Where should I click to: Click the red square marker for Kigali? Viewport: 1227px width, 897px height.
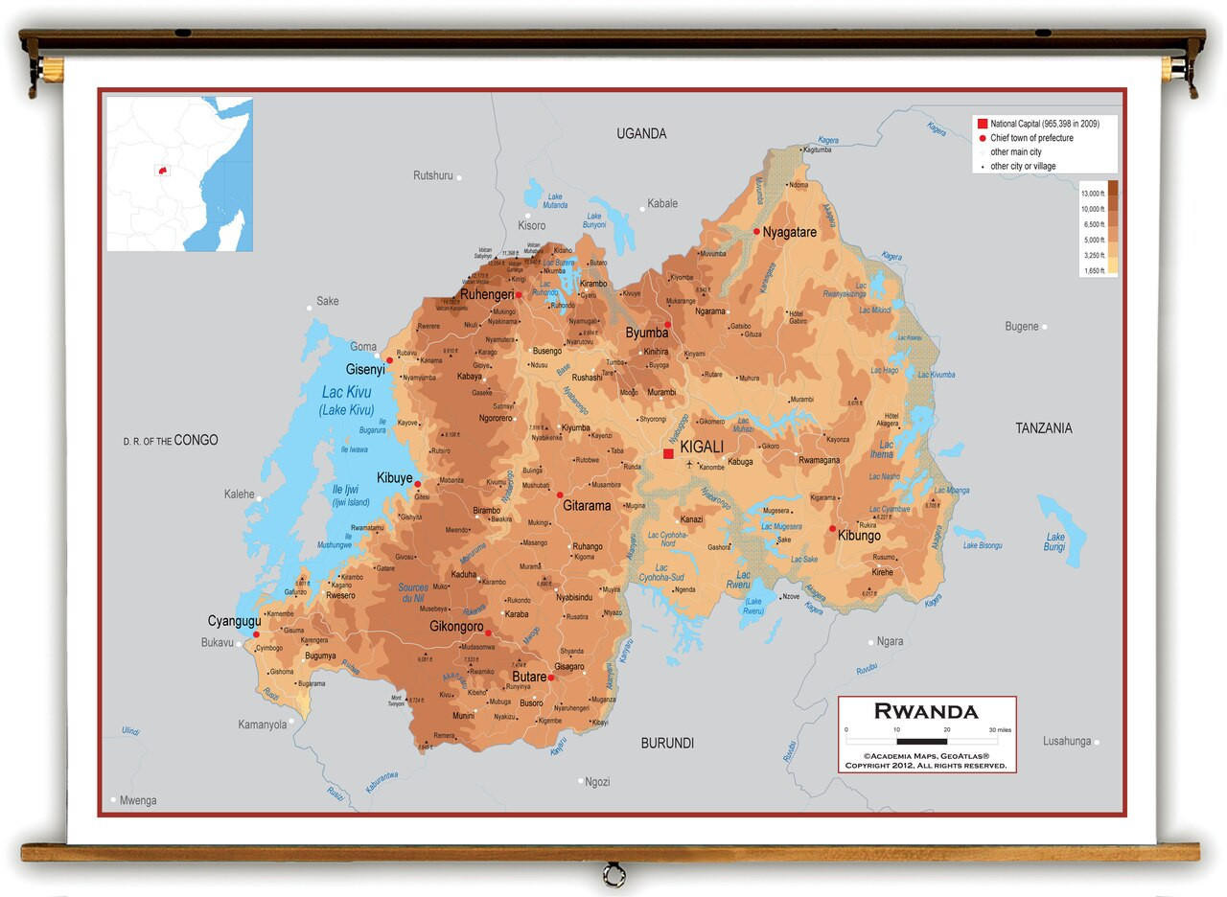[668, 453]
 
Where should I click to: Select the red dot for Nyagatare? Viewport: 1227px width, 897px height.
[756, 232]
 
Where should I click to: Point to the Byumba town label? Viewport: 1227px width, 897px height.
[646, 333]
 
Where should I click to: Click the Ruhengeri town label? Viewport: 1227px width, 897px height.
[486, 294]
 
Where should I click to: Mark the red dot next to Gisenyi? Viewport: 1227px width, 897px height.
[389, 360]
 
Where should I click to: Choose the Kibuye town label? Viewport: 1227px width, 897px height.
[394, 477]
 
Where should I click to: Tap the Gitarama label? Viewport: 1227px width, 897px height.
[587, 505]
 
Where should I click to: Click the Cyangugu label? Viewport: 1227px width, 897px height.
[234, 621]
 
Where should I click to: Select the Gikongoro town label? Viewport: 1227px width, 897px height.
[456, 626]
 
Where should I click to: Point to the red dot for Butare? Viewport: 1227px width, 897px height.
[550, 678]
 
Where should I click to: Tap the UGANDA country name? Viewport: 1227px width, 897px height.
[641, 134]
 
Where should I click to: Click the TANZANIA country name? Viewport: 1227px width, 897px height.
[1044, 428]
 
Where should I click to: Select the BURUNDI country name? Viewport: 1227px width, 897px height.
[667, 743]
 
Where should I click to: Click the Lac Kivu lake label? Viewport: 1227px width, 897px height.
[346, 392]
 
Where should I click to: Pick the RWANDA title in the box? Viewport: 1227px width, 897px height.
[926, 711]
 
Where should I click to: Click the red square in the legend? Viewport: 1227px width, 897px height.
[982, 124]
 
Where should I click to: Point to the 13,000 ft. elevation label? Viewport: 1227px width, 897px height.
[1094, 194]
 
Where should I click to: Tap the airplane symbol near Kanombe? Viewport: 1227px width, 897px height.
[689, 465]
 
